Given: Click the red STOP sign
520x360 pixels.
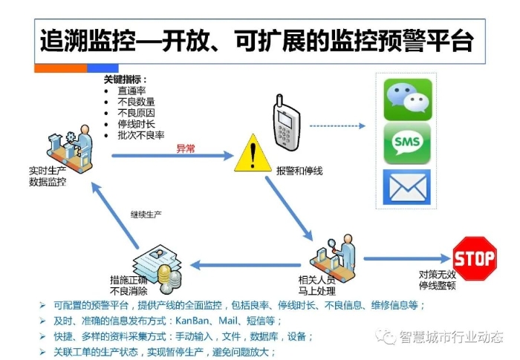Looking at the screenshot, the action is coord(475,258).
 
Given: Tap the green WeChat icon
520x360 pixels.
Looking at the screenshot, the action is coord(408,99).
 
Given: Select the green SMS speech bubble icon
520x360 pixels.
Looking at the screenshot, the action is coord(407,143).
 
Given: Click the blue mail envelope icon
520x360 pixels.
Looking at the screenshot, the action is coord(407,187).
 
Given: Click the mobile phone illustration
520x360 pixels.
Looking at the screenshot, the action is coord(286,122).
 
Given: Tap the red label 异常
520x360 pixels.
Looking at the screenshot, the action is coord(186,148).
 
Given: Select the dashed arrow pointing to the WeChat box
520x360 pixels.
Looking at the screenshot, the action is coord(337,126).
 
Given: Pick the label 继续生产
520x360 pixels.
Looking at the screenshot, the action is coord(146,215).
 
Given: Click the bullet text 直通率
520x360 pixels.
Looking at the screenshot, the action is coord(131,91).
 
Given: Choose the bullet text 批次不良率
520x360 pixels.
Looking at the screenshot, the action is coord(141,135).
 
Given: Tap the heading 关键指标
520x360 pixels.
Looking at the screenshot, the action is coord(125,79).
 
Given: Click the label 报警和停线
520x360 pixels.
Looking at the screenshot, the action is coord(299,171).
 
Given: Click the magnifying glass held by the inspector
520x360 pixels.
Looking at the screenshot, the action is coord(332,245).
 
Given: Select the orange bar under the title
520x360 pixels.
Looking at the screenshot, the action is coord(61,68).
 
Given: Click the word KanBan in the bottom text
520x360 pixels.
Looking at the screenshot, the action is coord(192,321).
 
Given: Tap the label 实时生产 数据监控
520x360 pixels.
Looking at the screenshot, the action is coord(48,177).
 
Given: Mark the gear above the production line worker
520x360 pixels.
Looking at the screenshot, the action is coord(71,137).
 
